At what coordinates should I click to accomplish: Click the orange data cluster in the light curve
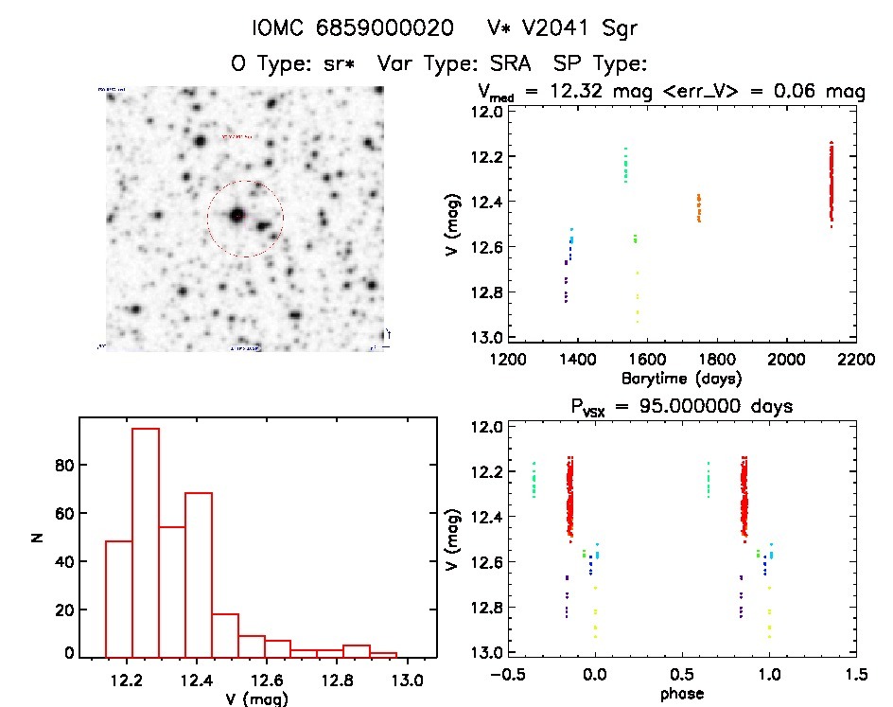[699, 207]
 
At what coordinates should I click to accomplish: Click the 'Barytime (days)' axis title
[681, 379]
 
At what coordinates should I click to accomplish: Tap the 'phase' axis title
[681, 693]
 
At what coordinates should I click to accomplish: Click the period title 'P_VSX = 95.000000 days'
[681, 406]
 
